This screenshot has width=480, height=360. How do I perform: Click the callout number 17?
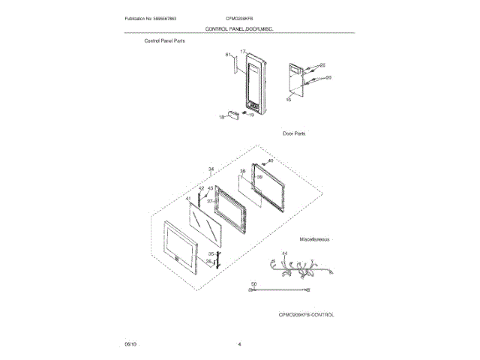[242, 52]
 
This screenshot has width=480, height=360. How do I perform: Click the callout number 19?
[252, 115]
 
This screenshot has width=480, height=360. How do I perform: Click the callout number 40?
[271, 161]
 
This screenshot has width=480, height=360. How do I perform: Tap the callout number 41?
[188, 199]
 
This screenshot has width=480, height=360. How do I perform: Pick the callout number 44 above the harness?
[285, 253]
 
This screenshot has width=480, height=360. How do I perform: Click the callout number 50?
[253, 284]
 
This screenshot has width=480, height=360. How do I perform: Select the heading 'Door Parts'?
[294, 133]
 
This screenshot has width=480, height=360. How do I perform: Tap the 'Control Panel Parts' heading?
[165, 41]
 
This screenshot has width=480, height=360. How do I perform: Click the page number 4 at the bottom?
[239, 343]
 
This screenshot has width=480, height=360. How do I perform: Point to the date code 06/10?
[130, 343]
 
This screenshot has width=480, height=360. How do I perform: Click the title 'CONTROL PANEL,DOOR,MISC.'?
[239, 28]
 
